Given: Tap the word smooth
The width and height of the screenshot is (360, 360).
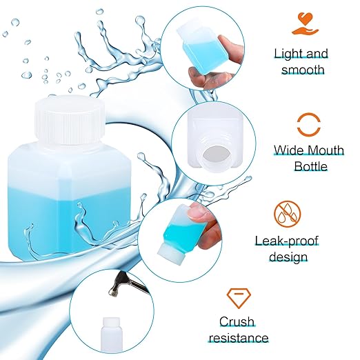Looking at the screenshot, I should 301,69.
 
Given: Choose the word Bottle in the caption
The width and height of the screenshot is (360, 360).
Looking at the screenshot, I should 310,166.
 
